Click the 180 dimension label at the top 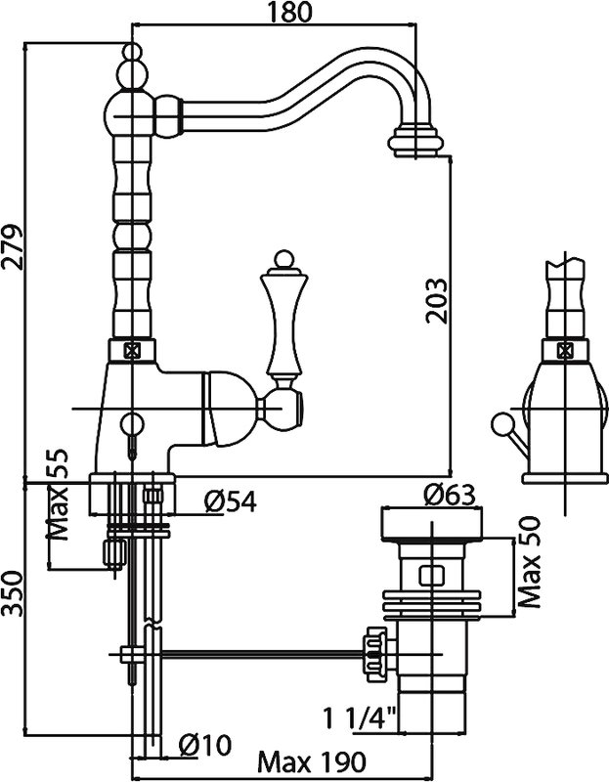289,12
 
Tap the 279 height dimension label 12,247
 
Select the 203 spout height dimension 436,301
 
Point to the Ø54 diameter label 231,501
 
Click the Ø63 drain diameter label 449,496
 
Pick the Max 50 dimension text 530,562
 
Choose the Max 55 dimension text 57,495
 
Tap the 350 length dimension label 13,593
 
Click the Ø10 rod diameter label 205,745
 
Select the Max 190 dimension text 312,761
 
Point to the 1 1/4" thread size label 360,718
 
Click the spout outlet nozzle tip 415,142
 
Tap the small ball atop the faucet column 132,52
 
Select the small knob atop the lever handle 283,258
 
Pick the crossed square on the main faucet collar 132,351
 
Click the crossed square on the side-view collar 565,351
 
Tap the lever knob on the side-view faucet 500,422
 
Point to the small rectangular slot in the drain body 432,576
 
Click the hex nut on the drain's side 376,653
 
